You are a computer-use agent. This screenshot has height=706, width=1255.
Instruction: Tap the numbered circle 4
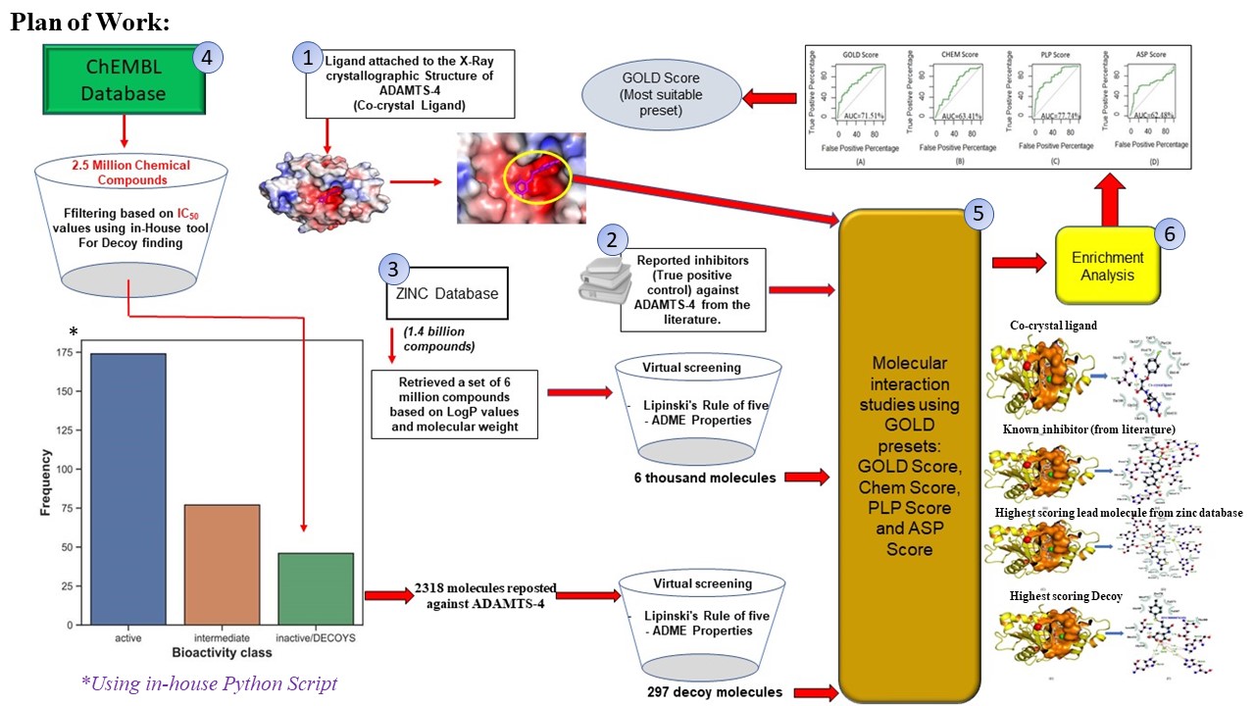[x=207, y=58]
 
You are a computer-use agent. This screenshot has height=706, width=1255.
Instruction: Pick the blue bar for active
[x=128, y=488]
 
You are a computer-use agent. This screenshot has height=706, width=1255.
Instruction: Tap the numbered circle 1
[x=308, y=59]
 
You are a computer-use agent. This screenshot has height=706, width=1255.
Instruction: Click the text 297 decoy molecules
[x=715, y=692]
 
